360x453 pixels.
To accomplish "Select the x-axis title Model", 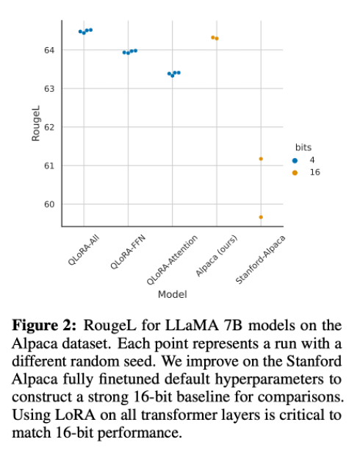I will point(172,294).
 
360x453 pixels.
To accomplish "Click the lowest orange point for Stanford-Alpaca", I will point(261,217).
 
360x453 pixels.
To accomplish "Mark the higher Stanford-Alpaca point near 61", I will point(261,158).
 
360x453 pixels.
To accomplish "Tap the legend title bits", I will point(303,148).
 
